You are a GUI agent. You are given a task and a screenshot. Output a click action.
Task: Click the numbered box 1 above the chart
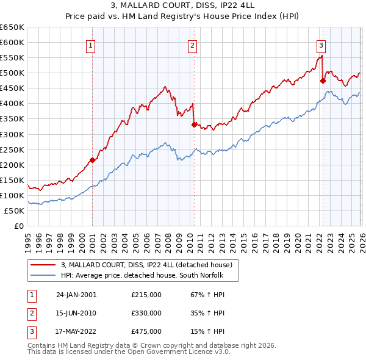(x=91, y=45)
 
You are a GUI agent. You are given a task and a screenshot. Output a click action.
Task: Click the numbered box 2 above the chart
(x=192, y=45)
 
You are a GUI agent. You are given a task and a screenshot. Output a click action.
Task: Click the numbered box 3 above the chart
(x=321, y=45)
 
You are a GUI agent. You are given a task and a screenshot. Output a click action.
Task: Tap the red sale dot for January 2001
(x=92, y=160)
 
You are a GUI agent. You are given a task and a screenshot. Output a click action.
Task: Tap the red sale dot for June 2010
(x=193, y=124)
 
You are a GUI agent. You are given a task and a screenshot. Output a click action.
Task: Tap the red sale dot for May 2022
(x=323, y=80)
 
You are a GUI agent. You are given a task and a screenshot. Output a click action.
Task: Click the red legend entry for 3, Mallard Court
(x=146, y=265)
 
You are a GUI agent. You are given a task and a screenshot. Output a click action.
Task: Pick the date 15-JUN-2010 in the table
(x=76, y=313)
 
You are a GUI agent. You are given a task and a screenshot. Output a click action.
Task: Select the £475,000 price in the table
(x=146, y=331)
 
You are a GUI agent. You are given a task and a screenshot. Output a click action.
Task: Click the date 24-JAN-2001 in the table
(x=76, y=295)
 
